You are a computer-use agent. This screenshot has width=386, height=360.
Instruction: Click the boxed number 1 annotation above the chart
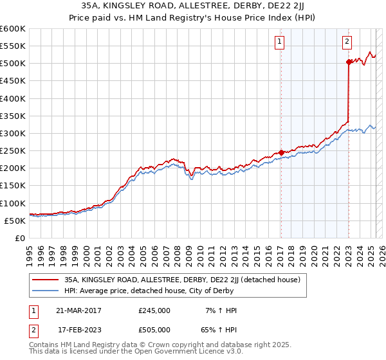pos(280,42)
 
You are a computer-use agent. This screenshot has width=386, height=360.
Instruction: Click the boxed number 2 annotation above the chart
pos(347,42)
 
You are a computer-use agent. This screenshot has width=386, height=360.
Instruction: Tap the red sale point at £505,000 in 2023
pos(349,62)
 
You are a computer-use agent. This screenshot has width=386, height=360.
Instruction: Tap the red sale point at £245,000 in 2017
pos(282,153)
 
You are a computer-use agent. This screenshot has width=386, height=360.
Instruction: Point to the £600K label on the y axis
pos(13,29)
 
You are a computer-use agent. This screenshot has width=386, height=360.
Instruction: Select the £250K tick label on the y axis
pos(13,151)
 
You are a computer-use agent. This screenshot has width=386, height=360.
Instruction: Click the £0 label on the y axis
pos(21,238)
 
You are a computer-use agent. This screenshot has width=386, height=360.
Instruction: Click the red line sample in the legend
pos(46,280)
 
